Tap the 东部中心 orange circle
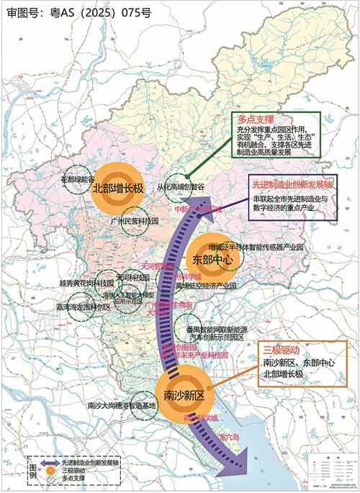pyautogui.click(x=213, y=258)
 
